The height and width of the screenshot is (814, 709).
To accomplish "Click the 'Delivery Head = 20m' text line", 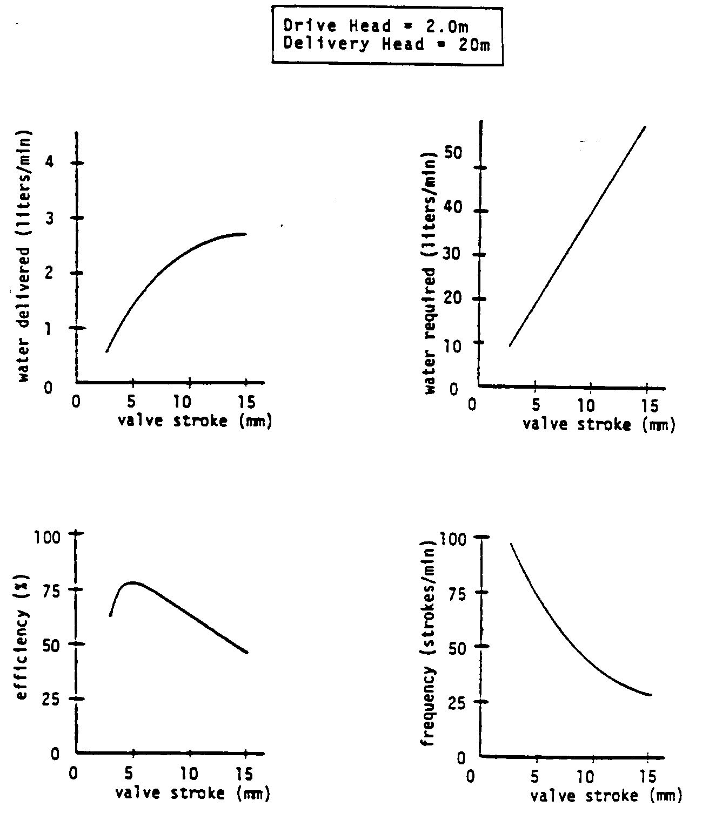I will click(x=386, y=44).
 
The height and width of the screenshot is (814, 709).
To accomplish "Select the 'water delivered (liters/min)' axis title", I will click(x=24, y=256).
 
